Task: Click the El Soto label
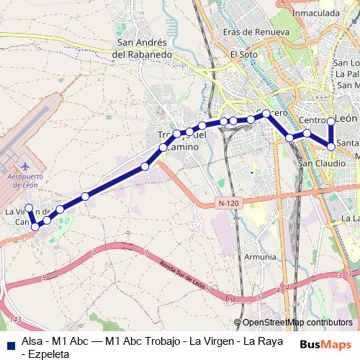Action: pyautogui.click(x=243, y=54)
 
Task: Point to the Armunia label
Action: pyautogui.click(x=259, y=256)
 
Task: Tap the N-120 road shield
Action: pyautogui.click(x=228, y=204)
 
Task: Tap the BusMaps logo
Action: pyautogui.click(x=326, y=345)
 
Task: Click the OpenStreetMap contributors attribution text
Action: pyautogui.click(x=298, y=323)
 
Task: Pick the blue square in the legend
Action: pyautogui.click(x=10, y=341)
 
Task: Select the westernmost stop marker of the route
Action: pyautogui.click(x=29, y=209)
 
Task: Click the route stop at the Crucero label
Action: pyautogui.click(x=266, y=113)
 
